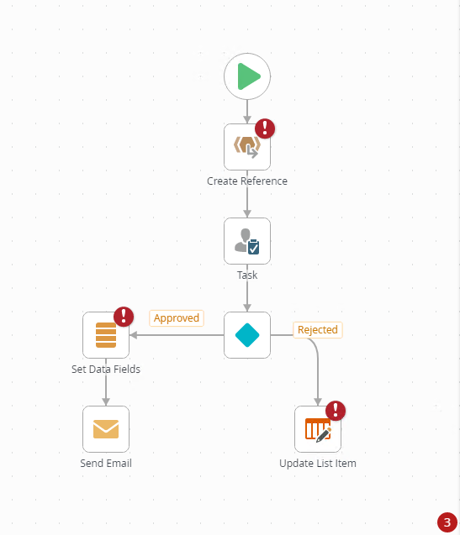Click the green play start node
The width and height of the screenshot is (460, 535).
[247, 76]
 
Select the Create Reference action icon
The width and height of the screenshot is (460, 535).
[247, 147]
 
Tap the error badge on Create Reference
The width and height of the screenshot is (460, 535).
[265, 129]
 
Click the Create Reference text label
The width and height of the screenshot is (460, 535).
[247, 181]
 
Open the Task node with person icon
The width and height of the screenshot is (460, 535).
[247, 241]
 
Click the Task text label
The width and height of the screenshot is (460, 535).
[247, 275]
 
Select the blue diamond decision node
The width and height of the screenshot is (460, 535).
[247, 335]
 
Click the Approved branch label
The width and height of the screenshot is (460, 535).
[177, 318]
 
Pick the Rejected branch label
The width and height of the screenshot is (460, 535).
[318, 330]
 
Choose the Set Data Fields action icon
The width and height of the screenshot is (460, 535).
[106, 335]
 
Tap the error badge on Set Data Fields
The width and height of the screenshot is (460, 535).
[124, 317]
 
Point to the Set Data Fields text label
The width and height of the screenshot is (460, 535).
[106, 370]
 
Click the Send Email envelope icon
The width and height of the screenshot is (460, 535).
[106, 429]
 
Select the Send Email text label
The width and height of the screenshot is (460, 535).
[106, 464]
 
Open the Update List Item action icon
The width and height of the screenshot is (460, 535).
[318, 429]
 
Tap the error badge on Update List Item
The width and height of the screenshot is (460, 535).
[336, 411]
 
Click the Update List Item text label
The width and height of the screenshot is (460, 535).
[318, 464]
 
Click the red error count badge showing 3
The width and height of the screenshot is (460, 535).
[447, 522]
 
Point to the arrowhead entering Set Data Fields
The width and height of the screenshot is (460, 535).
[133, 335]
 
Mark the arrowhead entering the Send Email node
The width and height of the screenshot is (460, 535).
[106, 402]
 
